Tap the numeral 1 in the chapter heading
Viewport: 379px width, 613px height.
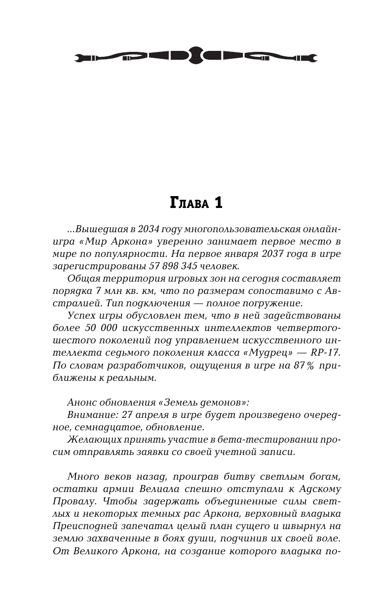click(218, 204)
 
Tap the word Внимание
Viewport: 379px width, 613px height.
click(87, 415)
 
